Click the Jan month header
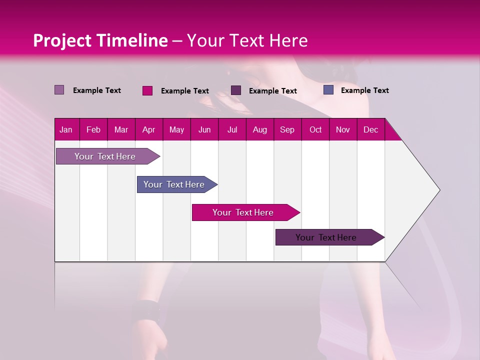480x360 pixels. point(66,130)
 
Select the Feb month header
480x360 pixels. point(93,130)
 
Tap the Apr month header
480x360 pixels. point(148,130)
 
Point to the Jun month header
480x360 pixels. point(204,130)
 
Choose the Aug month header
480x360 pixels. point(259,130)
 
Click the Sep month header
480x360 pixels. point(287,130)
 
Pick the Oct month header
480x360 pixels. point(315,130)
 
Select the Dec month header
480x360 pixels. point(370,130)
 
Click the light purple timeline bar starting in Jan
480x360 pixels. point(105,156)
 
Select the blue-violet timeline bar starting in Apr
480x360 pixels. point(174,184)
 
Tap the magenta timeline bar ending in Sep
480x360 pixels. point(243,212)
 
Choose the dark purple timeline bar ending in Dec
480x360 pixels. point(326,237)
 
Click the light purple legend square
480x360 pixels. point(59,90)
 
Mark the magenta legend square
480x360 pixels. point(147,90)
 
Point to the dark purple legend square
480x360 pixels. point(236,90)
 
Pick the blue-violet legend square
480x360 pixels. point(328,90)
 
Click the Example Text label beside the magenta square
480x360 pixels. point(185,91)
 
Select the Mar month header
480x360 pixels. point(121,130)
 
